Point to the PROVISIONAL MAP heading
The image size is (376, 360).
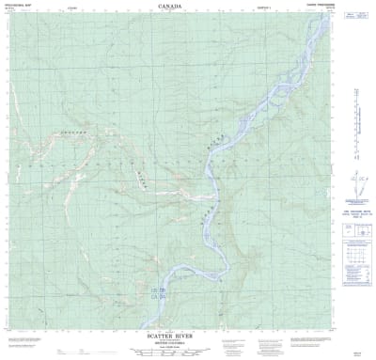point(21,7)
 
